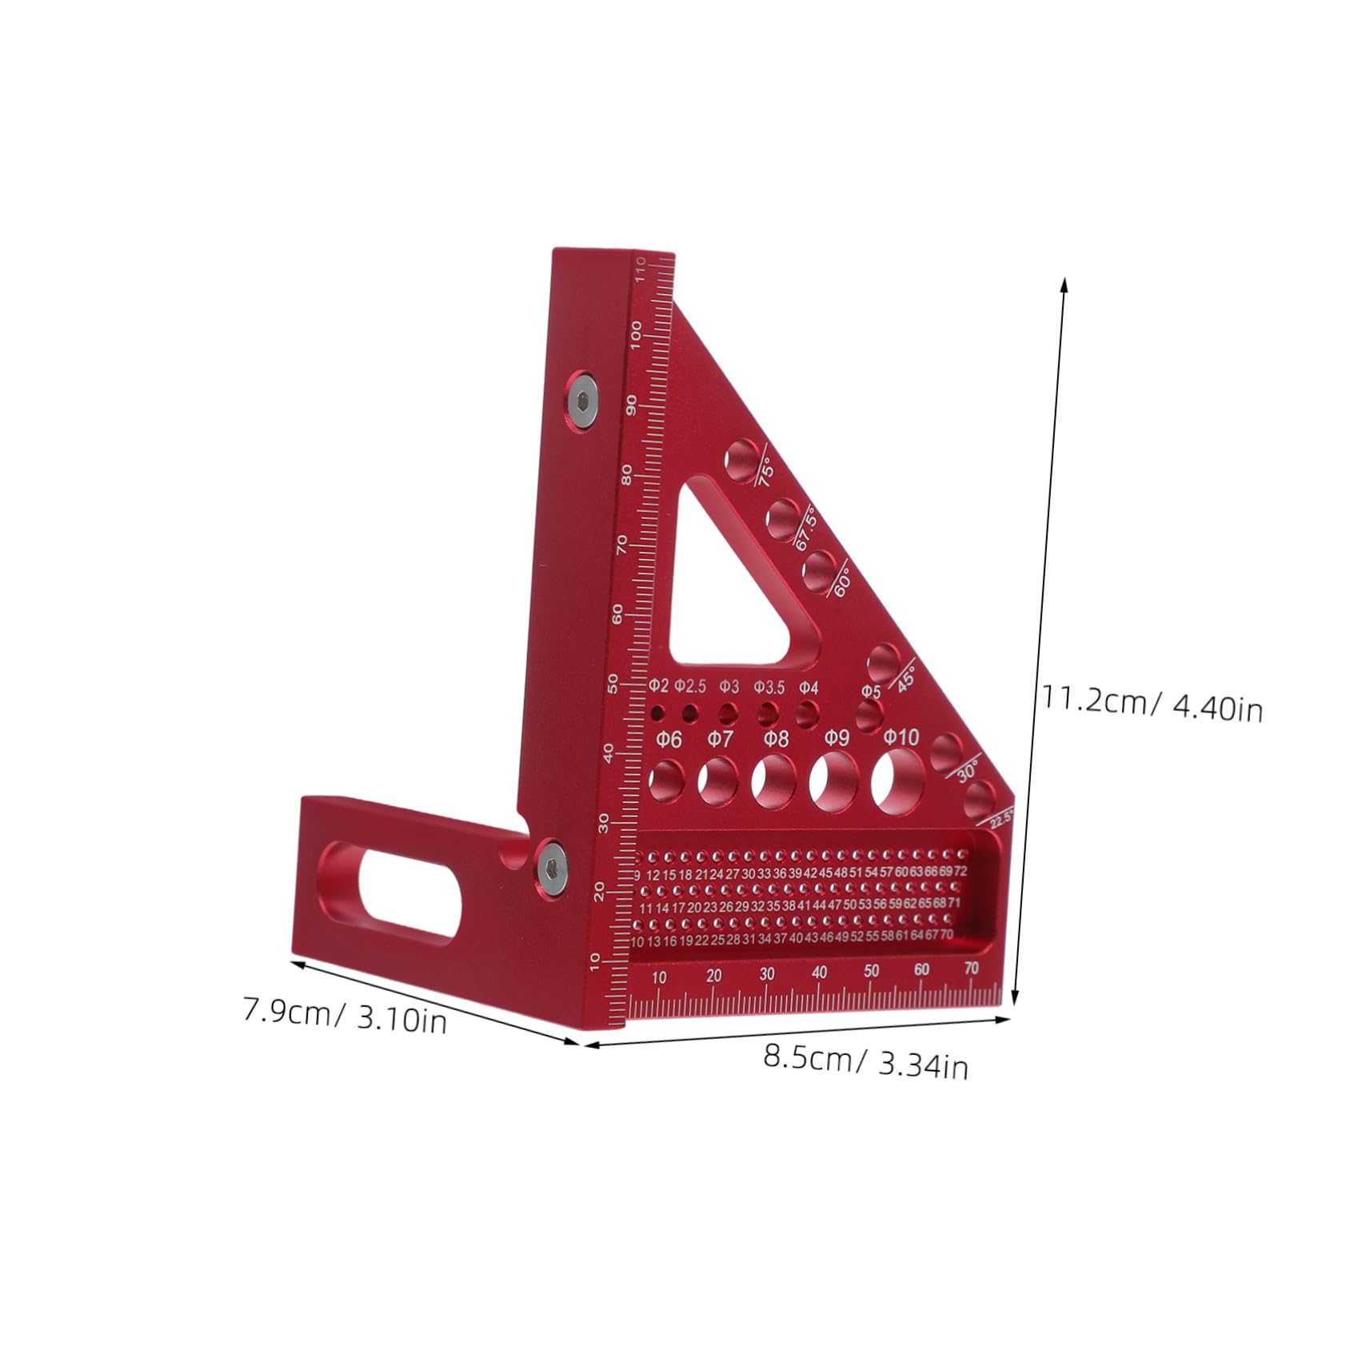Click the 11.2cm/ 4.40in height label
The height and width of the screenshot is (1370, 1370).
(x=1151, y=703)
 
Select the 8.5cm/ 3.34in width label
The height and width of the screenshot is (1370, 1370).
(x=865, y=1063)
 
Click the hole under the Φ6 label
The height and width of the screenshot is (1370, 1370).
(x=666, y=779)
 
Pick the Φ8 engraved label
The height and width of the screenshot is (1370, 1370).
(x=775, y=737)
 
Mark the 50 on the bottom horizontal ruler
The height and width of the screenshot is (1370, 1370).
(x=871, y=971)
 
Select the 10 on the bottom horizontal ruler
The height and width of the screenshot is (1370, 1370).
(x=659, y=977)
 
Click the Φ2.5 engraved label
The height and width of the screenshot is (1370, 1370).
(x=690, y=686)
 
